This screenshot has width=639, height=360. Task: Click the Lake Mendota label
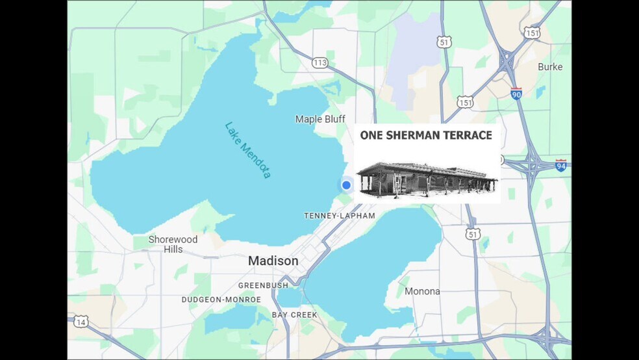click(x=247, y=150)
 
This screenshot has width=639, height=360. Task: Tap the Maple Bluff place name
click(x=319, y=119)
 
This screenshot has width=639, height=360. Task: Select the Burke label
click(x=550, y=67)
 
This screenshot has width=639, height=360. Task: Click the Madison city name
click(x=273, y=261)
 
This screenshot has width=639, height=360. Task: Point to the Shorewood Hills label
click(x=173, y=244)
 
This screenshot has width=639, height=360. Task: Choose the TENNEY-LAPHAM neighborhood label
click(x=340, y=216)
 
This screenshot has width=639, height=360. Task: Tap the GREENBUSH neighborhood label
click(x=263, y=285)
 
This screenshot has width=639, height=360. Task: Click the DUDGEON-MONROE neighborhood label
click(x=221, y=300)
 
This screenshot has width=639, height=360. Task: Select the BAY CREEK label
click(x=295, y=315)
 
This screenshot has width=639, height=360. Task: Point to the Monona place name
click(x=422, y=291)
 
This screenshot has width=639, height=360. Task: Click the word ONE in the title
click(x=373, y=136)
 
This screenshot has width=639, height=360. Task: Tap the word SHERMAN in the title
click(x=416, y=136)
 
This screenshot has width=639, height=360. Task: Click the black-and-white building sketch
click(x=427, y=178)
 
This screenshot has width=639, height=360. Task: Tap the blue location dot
click(x=346, y=185)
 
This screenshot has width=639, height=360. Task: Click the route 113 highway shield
click(x=319, y=63)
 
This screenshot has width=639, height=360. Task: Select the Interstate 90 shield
click(x=516, y=94)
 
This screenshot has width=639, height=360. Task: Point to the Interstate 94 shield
click(x=560, y=165)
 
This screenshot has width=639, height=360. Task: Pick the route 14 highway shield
click(x=81, y=322)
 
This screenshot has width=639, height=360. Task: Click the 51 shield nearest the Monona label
click(x=473, y=234)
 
